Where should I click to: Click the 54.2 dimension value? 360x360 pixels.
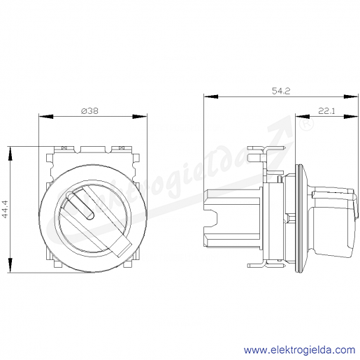tap(281, 91)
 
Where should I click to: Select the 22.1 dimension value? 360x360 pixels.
tap(326, 111)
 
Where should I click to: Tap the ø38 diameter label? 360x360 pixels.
tap(90, 111)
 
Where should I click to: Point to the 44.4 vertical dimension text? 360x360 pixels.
tap(5, 209)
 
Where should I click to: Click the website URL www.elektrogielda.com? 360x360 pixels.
tap(299, 350)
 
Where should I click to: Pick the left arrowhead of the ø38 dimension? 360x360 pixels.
tap(46, 116)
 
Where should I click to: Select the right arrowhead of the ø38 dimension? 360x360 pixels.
tap(140, 116)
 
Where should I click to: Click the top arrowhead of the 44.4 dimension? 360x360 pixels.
tap(10, 154)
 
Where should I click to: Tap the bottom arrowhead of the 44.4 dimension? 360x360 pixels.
tap(10, 265)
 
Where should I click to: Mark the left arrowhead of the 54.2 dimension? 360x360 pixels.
tap(211, 96)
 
